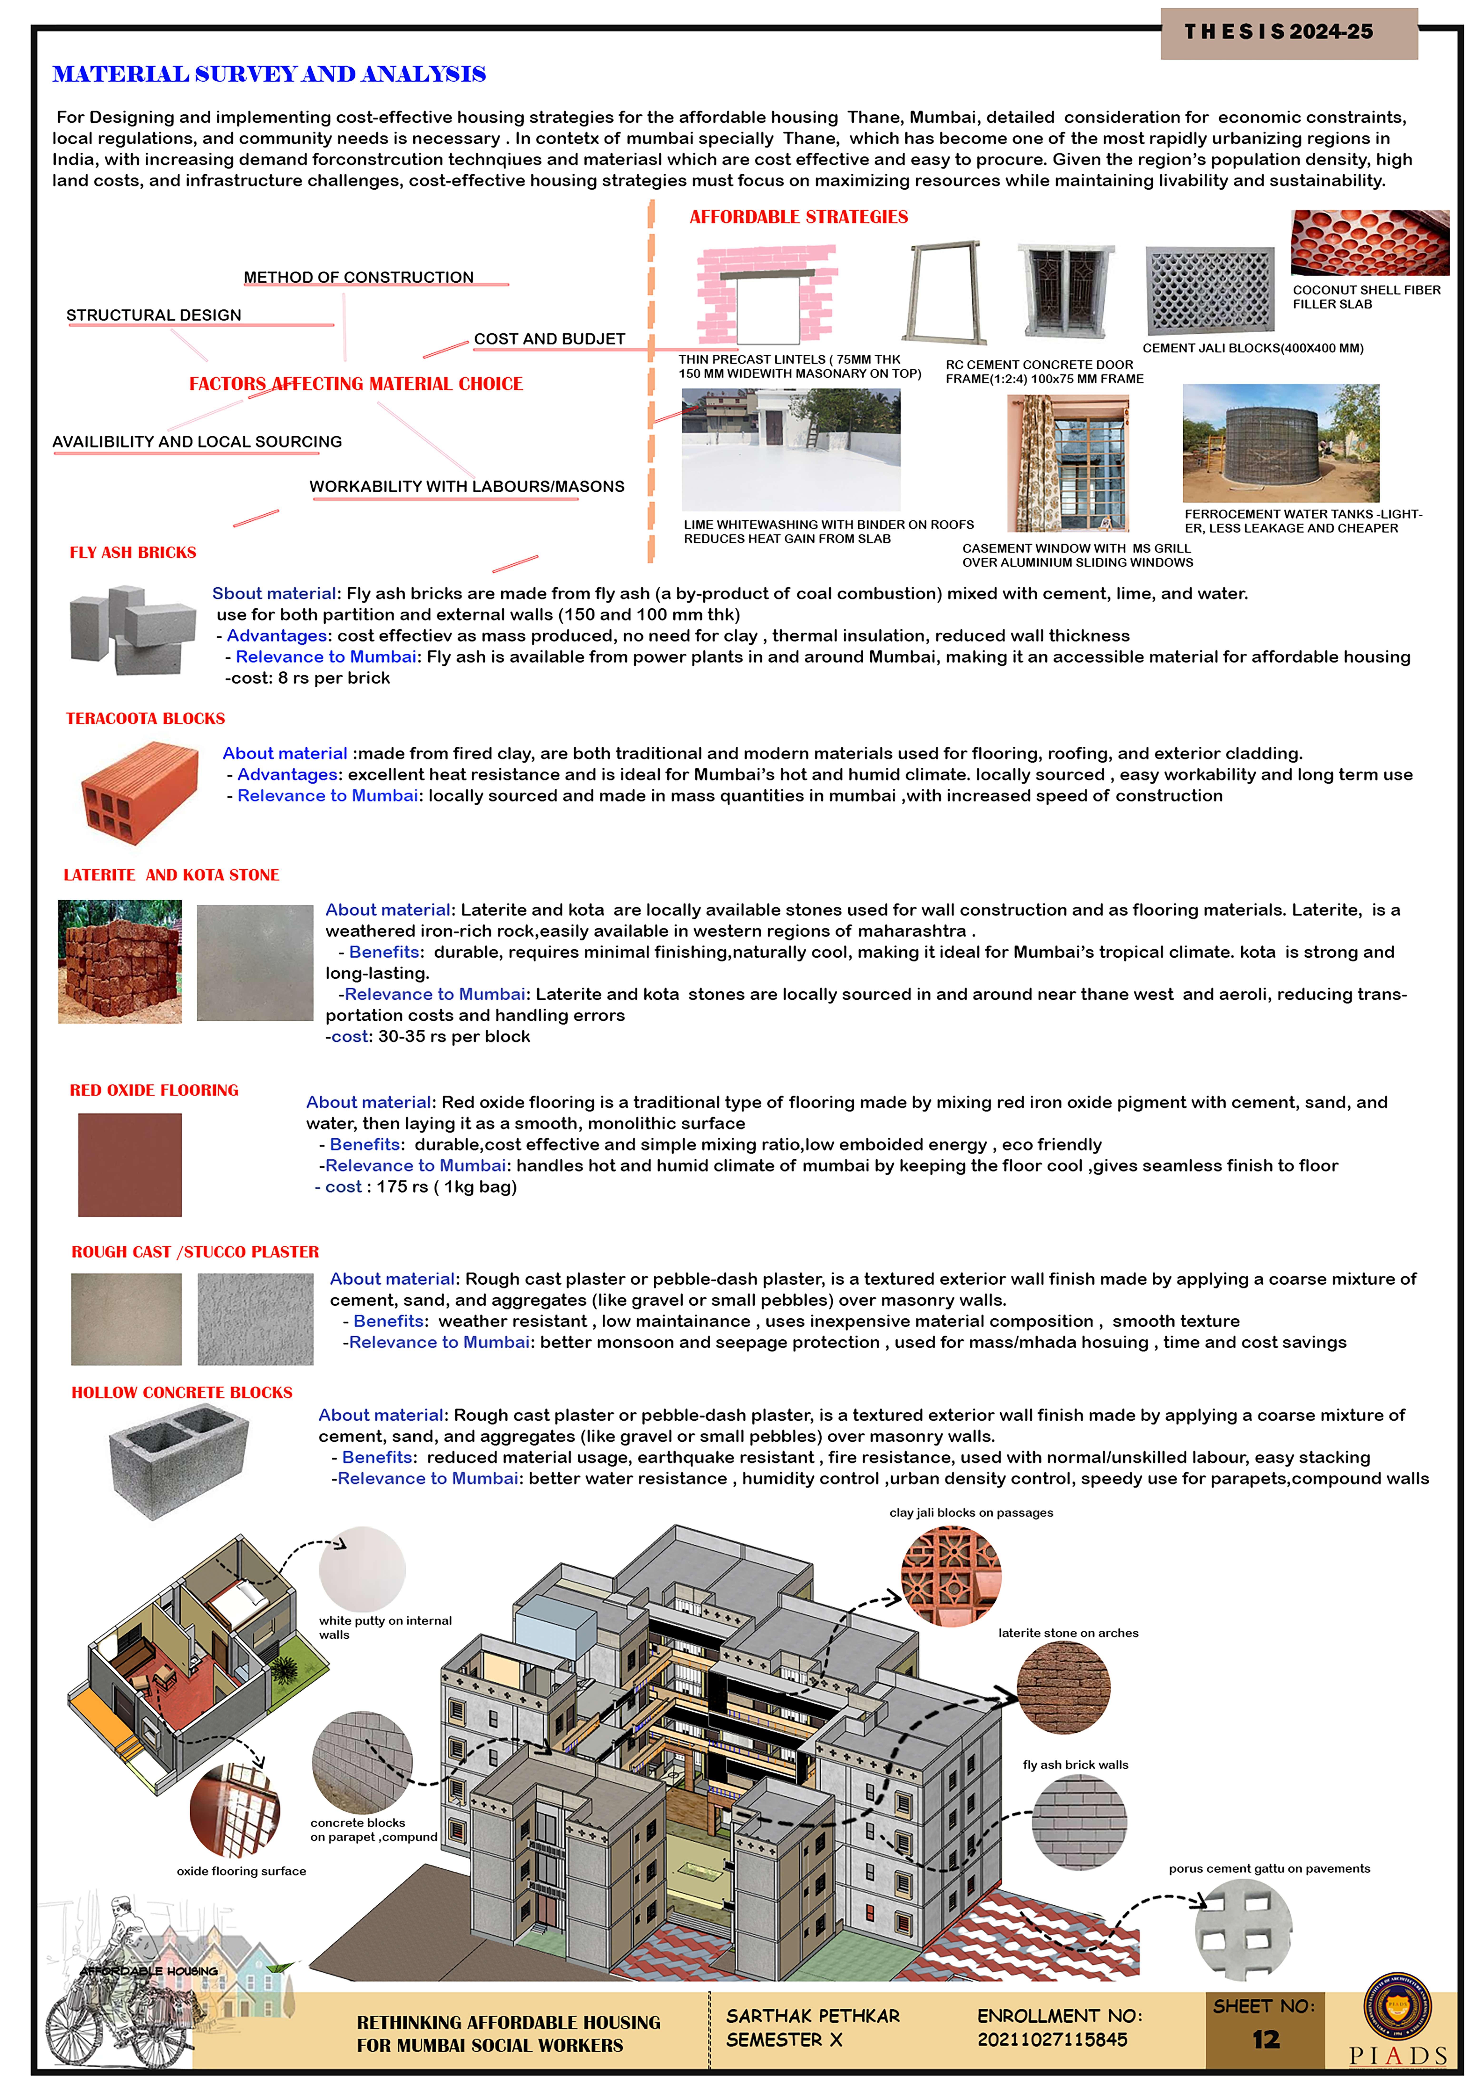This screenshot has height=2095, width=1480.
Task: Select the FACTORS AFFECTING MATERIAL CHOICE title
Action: [x=356, y=384]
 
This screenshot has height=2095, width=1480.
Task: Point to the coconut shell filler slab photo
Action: [x=1370, y=243]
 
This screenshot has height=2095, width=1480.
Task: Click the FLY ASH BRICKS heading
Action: [x=133, y=553]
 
